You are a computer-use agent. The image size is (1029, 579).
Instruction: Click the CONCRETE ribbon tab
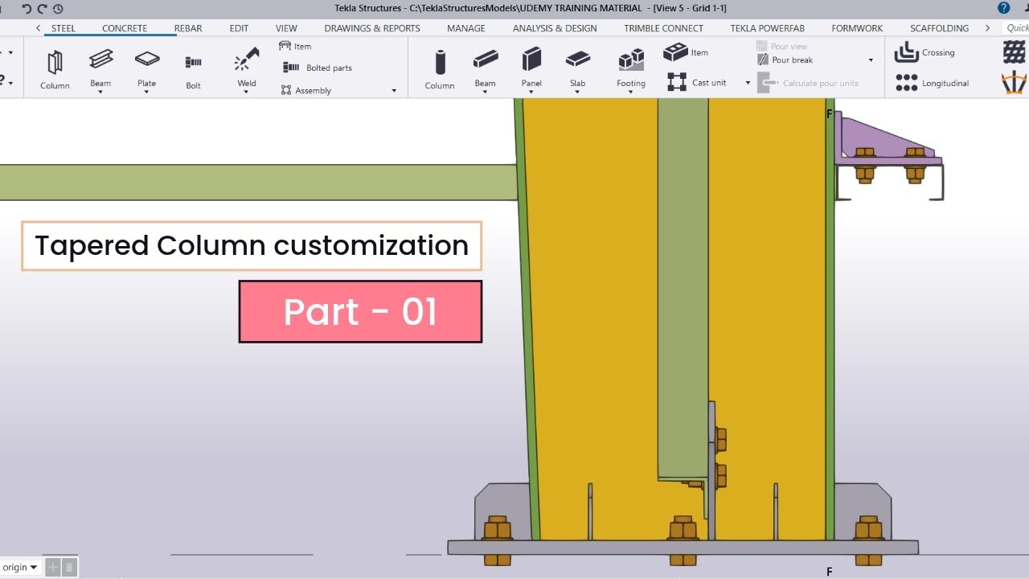click(x=125, y=28)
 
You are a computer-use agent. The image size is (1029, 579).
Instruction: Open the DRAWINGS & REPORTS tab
click(x=372, y=28)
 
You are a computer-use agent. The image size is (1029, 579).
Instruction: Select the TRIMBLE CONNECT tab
click(x=663, y=28)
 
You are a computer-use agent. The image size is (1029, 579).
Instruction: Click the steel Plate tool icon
click(x=147, y=59)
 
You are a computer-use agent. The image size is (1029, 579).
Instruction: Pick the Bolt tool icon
click(x=193, y=62)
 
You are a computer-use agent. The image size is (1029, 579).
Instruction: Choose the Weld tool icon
click(x=247, y=60)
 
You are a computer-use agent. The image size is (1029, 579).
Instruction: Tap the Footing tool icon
click(x=631, y=60)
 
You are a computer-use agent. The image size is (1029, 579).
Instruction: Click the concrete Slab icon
click(x=577, y=59)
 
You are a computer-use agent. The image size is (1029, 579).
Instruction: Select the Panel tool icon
click(x=531, y=59)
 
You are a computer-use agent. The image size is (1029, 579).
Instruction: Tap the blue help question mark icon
click(x=1004, y=8)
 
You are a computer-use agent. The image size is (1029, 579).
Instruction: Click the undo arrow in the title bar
click(x=27, y=8)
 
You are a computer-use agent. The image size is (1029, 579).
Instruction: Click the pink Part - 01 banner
click(x=361, y=311)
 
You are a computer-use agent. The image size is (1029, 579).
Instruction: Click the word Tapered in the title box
click(x=92, y=246)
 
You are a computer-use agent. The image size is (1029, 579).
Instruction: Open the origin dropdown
click(x=20, y=568)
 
